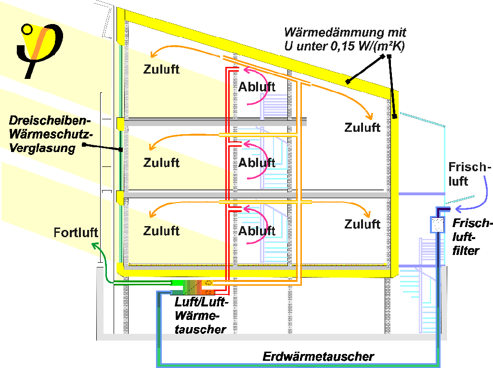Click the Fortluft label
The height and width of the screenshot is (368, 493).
coord(76,233)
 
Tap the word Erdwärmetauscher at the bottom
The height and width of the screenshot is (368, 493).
coord(318,356)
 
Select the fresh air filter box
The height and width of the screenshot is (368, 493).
coord(437,225)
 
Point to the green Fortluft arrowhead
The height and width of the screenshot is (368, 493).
coord(95,246)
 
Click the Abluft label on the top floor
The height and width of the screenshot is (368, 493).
coord(257,87)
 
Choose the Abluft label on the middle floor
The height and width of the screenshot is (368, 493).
coord(257,163)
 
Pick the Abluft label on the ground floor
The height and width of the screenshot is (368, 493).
coord(257,231)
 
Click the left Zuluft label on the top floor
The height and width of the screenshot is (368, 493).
coord(161,69)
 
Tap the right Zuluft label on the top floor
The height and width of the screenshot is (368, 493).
coord(363,127)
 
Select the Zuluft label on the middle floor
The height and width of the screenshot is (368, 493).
coord(161,163)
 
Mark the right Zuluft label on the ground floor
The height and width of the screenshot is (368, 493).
coord(363,224)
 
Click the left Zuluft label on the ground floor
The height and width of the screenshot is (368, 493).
coord(161,231)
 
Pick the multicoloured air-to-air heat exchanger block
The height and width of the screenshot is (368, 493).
coord(193,287)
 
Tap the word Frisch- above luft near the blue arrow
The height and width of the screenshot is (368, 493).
coord(469,168)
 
